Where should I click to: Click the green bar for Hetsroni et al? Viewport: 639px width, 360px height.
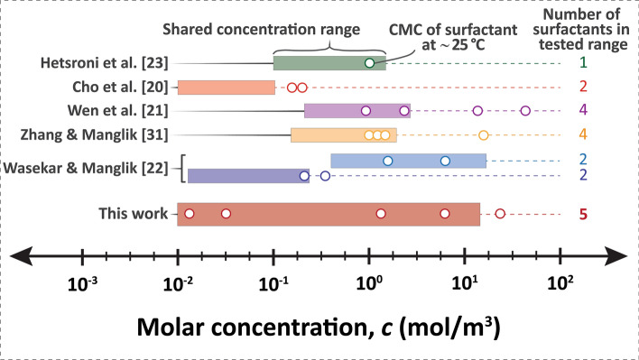pyautogui.click(x=329, y=63)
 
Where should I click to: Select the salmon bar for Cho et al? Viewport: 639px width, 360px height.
pyautogui.click(x=226, y=88)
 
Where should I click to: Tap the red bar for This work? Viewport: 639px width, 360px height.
pyautogui.click(x=329, y=214)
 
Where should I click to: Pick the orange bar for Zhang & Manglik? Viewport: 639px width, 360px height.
pyautogui.click(x=343, y=135)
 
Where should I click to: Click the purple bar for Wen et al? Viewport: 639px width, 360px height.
pyautogui.click(x=357, y=111)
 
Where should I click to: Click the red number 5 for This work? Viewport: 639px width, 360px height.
pyautogui.click(x=584, y=215)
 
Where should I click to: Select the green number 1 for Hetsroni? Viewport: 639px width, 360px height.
pyautogui.click(x=584, y=63)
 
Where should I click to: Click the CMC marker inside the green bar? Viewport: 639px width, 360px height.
pyautogui.click(x=369, y=63)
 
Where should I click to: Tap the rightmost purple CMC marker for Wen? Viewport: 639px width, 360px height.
pyautogui.click(x=525, y=111)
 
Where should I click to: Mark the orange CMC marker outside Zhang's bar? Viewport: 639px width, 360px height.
pyautogui.click(x=483, y=135)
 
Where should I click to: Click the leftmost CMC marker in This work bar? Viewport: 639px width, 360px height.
pyautogui.click(x=190, y=214)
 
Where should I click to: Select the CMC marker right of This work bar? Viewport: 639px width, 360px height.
pyautogui.click(x=500, y=214)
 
